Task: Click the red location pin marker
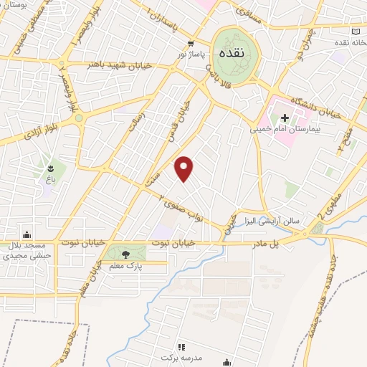(184, 168)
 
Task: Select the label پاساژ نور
(191, 54)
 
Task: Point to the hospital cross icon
(285, 117)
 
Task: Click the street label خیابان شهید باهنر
(129, 65)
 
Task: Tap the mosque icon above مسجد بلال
(27, 234)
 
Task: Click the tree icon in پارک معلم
(127, 253)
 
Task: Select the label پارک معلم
(123, 267)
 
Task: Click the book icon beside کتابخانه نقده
(357, 32)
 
